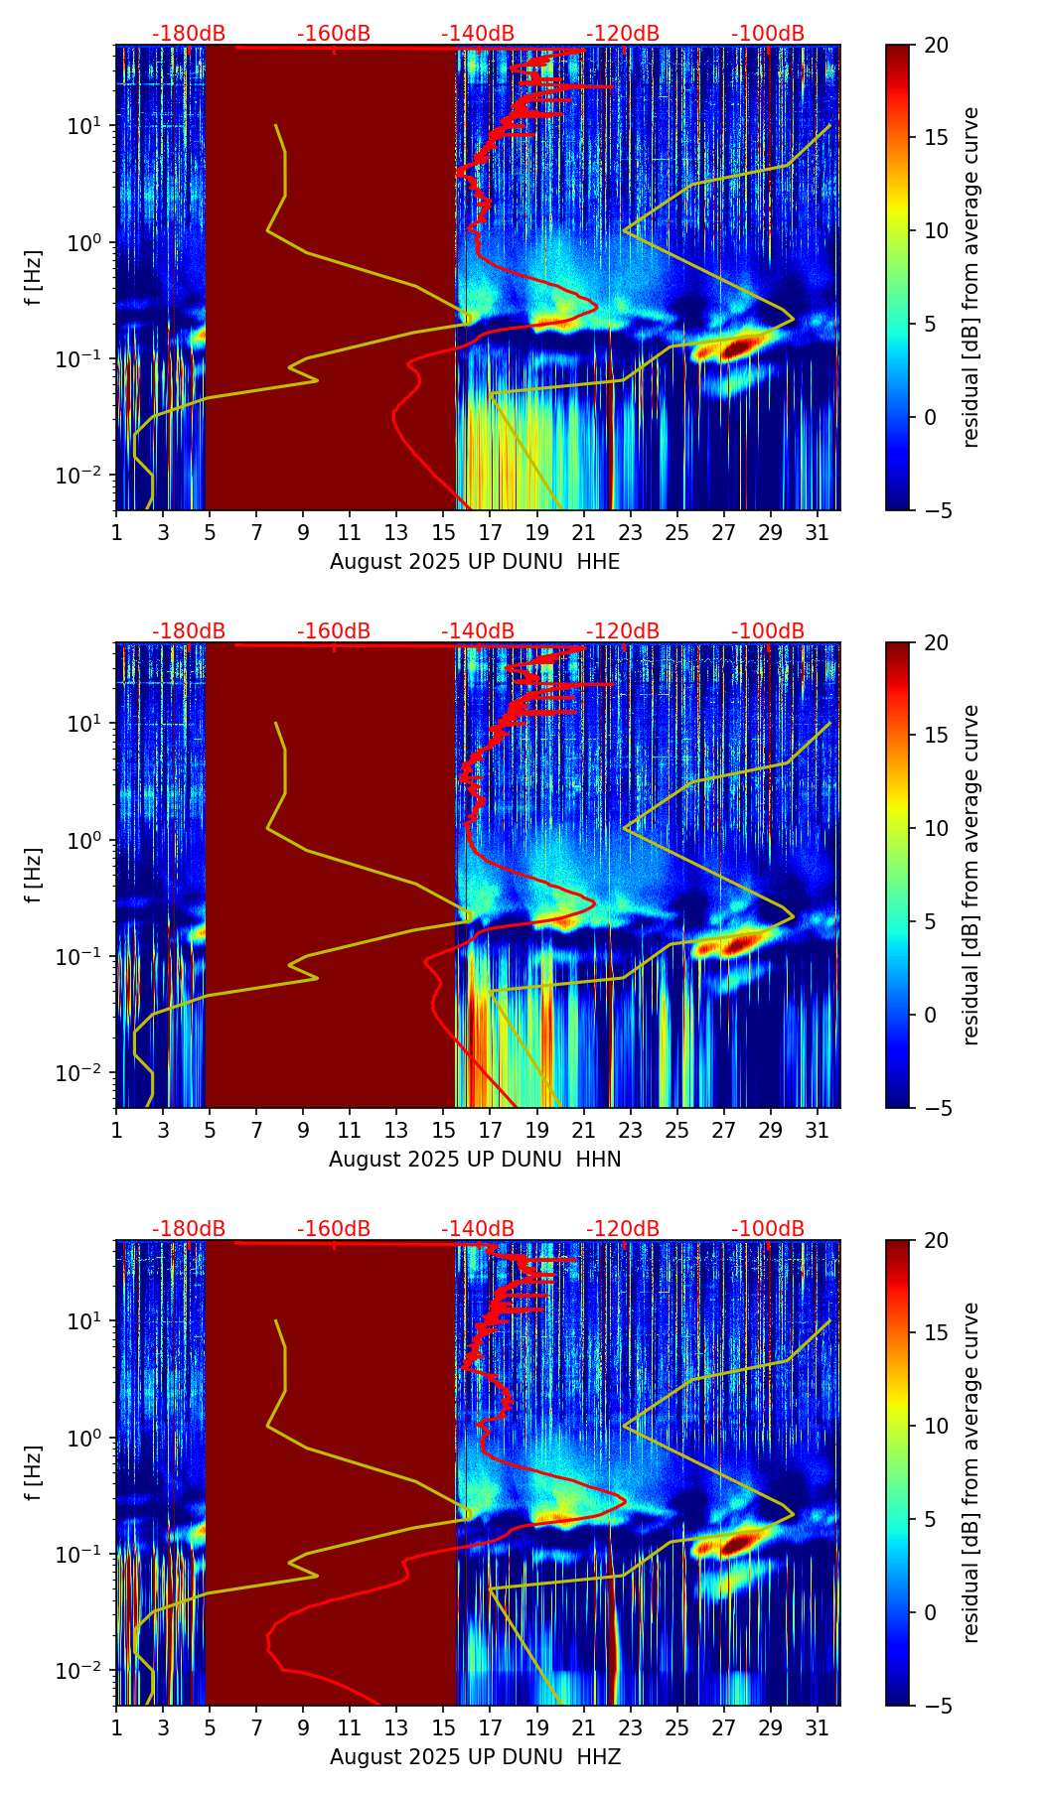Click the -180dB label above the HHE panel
click(189, 34)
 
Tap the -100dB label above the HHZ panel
click(768, 1229)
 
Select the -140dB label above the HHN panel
click(478, 631)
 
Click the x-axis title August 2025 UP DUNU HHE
click(475, 562)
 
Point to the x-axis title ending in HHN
click(475, 1160)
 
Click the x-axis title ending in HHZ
click(475, 1757)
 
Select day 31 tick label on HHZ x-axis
click(818, 1727)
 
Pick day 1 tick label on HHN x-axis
click(116, 1130)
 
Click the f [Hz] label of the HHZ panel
click(36, 1472)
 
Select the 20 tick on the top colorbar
click(936, 46)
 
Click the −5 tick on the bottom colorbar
click(936, 1706)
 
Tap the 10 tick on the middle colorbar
click(936, 828)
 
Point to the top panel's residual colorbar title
click(971, 277)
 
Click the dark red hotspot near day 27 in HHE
click(739, 348)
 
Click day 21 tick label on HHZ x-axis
click(583, 1727)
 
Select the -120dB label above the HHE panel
click(623, 34)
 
